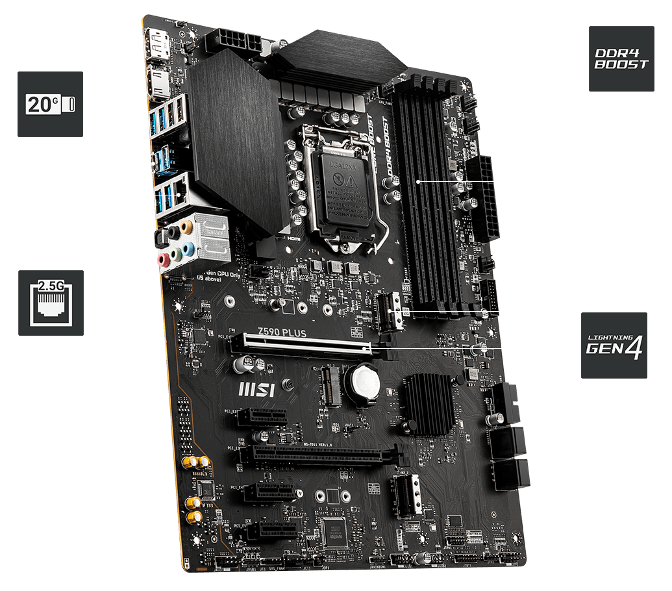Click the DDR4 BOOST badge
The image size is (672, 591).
(621, 58)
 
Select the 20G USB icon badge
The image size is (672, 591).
(50, 104)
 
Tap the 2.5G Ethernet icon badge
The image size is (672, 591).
(50, 302)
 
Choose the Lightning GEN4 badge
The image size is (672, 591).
(614, 346)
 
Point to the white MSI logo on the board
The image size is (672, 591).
(257, 390)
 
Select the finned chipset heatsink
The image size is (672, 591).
(428, 404)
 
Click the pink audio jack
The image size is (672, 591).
(165, 259)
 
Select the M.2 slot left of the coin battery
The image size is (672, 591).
(330, 384)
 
